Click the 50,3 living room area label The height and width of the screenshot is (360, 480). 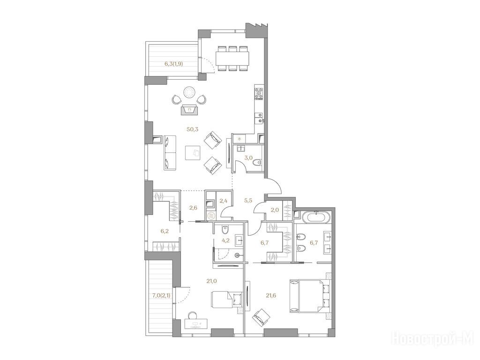tap(193, 129)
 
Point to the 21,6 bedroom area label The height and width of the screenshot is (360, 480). tap(271, 295)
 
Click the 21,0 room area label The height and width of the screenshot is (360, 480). tap(211, 280)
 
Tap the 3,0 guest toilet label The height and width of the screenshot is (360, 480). tap(248, 158)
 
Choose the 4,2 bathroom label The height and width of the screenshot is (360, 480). tap(225, 240)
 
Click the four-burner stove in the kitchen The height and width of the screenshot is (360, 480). tap(259, 93)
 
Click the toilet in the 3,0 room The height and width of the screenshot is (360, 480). tap(258, 162)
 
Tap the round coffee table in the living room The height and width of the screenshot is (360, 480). tap(189, 92)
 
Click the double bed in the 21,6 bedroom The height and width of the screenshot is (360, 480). tap(310, 295)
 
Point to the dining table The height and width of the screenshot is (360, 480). tap(232, 58)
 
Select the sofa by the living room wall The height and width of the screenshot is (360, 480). tap(170, 152)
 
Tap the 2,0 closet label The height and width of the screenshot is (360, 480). tap(274, 210)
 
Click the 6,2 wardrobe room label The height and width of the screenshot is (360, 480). tap(165, 231)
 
